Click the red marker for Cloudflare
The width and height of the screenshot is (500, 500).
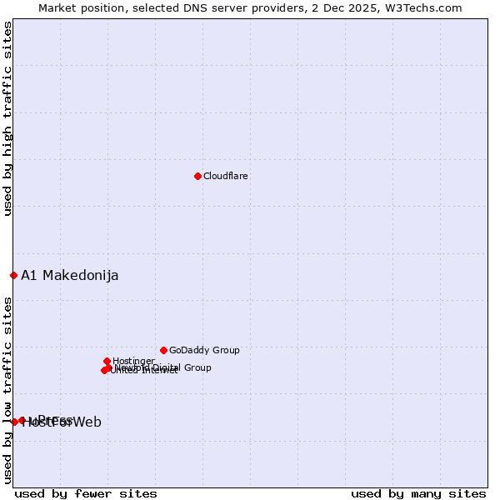(x=197, y=176)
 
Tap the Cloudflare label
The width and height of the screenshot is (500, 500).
(x=226, y=177)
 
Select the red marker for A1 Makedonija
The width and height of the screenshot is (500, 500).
(x=13, y=275)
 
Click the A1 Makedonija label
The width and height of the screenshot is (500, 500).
(x=70, y=276)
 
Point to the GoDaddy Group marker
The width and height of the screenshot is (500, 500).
(x=163, y=350)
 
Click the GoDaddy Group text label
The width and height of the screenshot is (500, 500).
(x=204, y=351)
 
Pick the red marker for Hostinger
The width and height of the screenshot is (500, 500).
(x=107, y=361)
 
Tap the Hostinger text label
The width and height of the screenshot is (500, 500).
(x=134, y=361)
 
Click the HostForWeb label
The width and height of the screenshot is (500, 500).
(x=62, y=422)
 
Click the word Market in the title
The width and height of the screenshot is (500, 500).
(x=58, y=8)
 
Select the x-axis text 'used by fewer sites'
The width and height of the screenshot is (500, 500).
(x=86, y=493)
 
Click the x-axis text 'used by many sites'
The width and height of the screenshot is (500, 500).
(x=418, y=493)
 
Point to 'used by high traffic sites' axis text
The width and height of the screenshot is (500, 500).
(x=8, y=119)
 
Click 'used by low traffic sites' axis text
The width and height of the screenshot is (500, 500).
(x=8, y=390)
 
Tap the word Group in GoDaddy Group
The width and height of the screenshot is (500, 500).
(x=226, y=351)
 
